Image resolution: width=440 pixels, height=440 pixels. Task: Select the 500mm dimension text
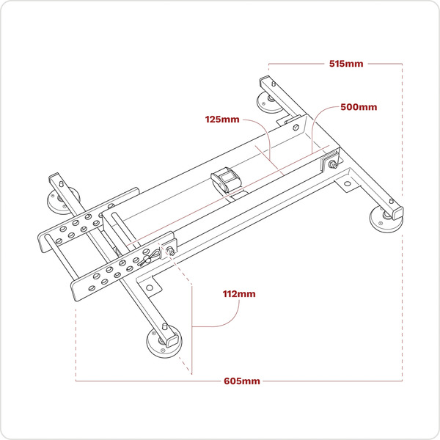click(x=359, y=107)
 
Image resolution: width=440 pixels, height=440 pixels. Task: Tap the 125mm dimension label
click(x=222, y=119)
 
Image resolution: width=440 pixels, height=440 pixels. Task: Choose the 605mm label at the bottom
click(x=243, y=381)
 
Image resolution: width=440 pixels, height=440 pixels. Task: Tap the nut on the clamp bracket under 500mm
click(x=334, y=164)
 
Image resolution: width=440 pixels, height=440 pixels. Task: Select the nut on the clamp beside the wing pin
click(x=171, y=252)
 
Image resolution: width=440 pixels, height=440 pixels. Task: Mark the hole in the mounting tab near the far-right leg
click(x=346, y=183)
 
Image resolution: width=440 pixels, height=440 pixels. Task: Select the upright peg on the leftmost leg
click(x=59, y=180)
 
